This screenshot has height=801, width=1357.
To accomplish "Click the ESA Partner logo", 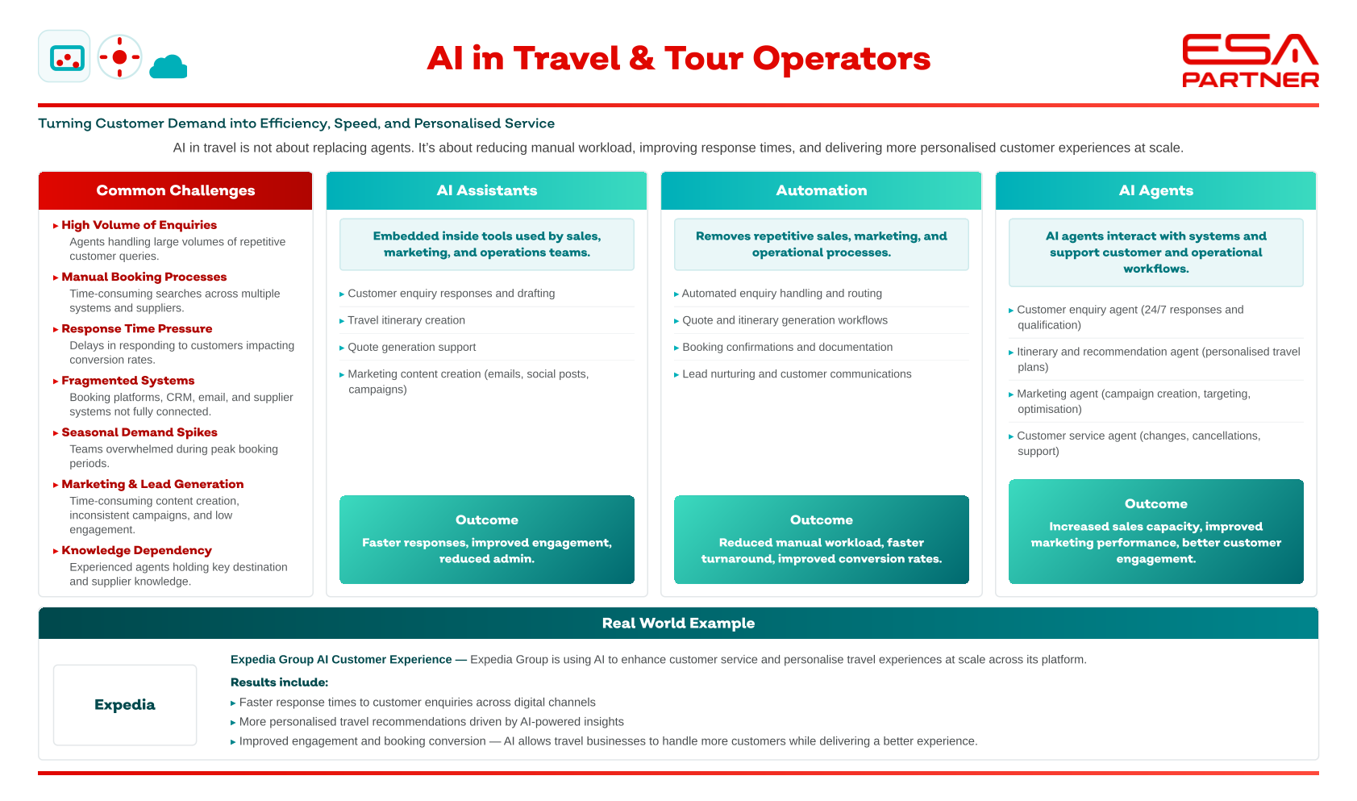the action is coord(1251,60).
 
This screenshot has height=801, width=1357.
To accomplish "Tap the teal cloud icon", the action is coord(169,66).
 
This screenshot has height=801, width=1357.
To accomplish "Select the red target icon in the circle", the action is coord(120,57).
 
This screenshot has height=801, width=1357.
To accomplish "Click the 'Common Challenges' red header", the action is coord(176,190).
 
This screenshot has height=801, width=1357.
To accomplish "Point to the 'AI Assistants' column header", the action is coord(487,190).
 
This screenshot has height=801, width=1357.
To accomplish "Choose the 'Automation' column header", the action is coord(822,190).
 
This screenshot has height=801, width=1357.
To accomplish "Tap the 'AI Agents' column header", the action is coord(1156,190).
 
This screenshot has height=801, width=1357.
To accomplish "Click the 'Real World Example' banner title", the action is coord(679,623).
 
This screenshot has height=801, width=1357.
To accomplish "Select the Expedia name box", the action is coord(125,705).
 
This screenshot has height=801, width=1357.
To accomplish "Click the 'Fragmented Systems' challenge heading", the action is coord(128,381).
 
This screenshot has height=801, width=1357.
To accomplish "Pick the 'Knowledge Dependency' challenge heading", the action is coord(136,550).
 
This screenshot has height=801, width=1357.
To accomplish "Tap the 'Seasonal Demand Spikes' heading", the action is coord(139,432).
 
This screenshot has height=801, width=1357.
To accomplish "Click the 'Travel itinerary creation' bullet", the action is coord(406,320).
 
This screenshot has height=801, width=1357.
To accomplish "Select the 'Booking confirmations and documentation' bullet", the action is coord(788,347).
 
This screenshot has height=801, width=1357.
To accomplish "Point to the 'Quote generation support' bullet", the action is coord(412,347).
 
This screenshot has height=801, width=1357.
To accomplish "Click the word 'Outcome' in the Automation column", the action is coord(822,519).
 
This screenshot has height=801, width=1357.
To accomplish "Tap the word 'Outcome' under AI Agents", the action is coord(1156,503).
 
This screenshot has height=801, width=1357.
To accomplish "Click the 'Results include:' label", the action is coord(279,682).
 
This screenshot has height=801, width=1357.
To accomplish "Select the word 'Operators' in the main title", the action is coord(842,59).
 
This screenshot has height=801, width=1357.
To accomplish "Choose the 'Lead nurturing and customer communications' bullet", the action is coord(797,373).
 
